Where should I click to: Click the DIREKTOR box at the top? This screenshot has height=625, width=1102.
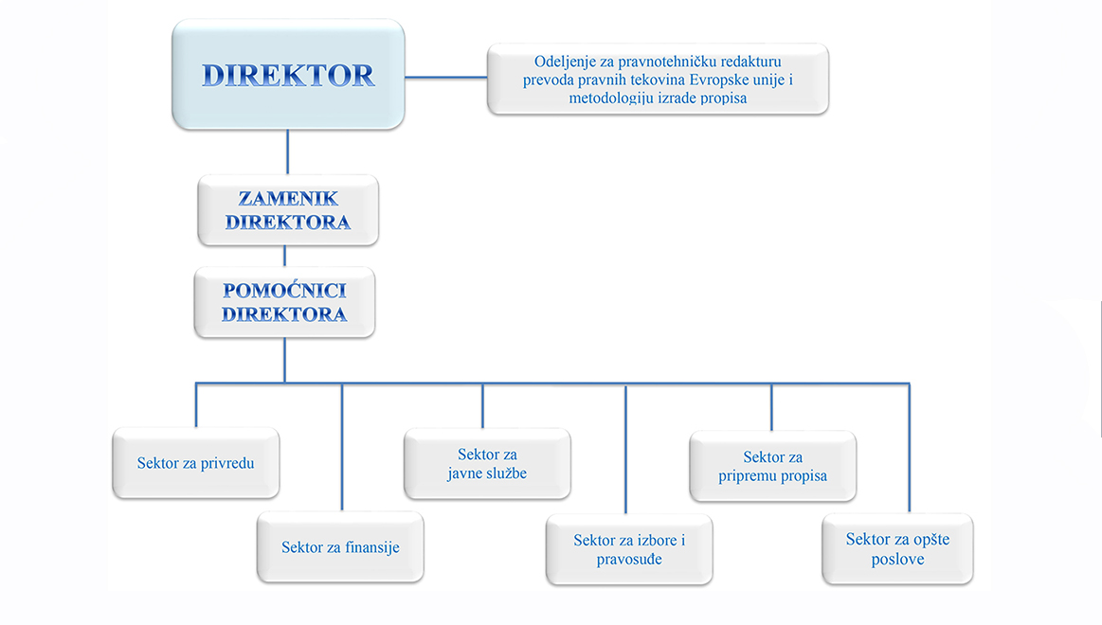point(288,76)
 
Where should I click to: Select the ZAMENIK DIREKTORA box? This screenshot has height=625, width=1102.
point(288,210)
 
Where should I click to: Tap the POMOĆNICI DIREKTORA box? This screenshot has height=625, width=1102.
point(284,302)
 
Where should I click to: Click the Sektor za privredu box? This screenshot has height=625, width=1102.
point(195,463)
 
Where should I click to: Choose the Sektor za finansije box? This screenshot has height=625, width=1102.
point(340,547)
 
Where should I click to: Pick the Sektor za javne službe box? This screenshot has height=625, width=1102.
point(487,463)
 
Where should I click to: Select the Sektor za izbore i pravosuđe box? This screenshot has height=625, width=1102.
point(629,549)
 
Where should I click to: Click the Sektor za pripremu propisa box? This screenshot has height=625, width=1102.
point(772,466)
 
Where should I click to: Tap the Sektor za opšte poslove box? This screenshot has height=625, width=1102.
point(897,549)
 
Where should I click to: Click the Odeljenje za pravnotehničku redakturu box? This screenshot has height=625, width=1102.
point(658,80)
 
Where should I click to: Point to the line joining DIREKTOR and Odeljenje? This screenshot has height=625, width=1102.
point(445,76)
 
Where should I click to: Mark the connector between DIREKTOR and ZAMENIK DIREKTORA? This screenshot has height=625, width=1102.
point(287,152)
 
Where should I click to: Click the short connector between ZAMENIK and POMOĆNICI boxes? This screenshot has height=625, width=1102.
point(285,256)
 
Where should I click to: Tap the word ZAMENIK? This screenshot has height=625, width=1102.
point(288,199)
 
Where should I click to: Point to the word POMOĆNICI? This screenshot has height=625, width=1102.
point(284,291)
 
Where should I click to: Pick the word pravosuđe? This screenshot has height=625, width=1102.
point(629,559)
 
